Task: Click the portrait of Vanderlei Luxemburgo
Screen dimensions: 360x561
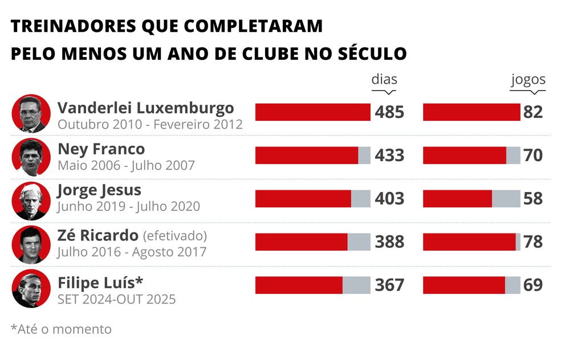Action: point(31,113)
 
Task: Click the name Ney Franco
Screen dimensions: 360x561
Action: point(101,149)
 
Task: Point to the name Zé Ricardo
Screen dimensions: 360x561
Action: point(98,236)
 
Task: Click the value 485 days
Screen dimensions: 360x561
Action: point(389,112)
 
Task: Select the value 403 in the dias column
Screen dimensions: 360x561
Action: point(389,199)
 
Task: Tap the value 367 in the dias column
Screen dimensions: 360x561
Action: point(389,285)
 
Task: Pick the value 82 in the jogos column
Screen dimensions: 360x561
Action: point(533,112)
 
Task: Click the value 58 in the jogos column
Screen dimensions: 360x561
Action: point(533,199)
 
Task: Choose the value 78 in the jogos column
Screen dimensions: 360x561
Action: point(533,242)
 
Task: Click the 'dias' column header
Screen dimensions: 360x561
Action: point(384,79)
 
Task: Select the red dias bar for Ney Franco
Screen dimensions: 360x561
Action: point(307,156)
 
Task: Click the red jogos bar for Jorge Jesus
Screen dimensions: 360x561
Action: point(457,199)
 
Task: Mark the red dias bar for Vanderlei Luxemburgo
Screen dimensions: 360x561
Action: point(312,112)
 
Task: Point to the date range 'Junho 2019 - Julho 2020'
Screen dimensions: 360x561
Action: point(129,207)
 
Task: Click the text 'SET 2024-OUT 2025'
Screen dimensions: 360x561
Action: point(117,299)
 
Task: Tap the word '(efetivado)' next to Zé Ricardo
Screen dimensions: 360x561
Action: point(174,236)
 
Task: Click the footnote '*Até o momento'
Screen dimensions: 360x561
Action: point(61,329)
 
